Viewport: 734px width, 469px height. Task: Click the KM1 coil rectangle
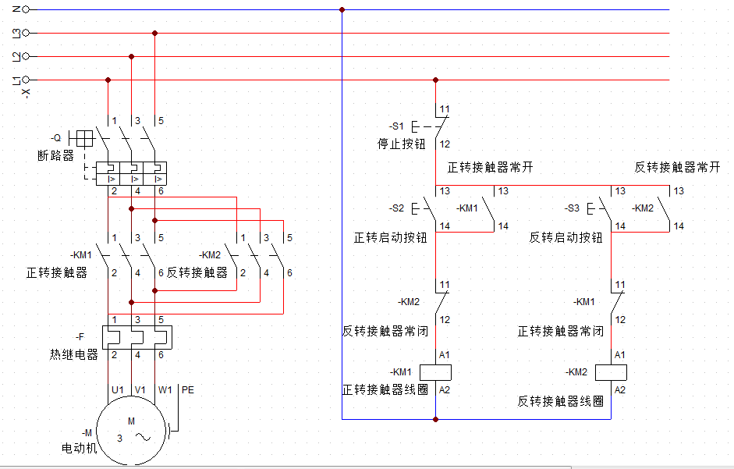pyautogui.click(x=436, y=371)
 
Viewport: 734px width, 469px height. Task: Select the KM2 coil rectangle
pyautogui.click(x=612, y=371)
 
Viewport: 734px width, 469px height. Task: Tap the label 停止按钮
pyautogui.click(x=401, y=144)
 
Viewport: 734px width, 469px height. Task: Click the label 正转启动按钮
pyautogui.click(x=391, y=237)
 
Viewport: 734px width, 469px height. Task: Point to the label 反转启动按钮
pyautogui.click(x=566, y=237)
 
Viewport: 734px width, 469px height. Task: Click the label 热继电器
pyautogui.click(x=74, y=355)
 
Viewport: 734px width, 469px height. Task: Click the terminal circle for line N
pyautogui.click(x=26, y=9)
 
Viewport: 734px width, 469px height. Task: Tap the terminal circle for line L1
pyautogui.click(x=26, y=80)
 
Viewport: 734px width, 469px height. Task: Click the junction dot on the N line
pyautogui.click(x=342, y=9)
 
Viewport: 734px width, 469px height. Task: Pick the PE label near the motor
pyautogui.click(x=187, y=389)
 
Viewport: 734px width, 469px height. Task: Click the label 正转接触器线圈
pyautogui.click(x=385, y=389)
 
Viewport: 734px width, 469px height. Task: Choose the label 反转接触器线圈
pyautogui.click(x=561, y=401)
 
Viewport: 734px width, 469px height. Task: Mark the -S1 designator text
pyautogui.click(x=397, y=126)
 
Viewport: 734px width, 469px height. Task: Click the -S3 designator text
pyautogui.click(x=573, y=208)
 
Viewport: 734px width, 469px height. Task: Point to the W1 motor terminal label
pyautogui.click(x=165, y=389)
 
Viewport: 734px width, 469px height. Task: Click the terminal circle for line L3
pyautogui.click(x=26, y=33)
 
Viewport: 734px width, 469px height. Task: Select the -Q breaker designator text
pyautogui.click(x=55, y=138)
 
